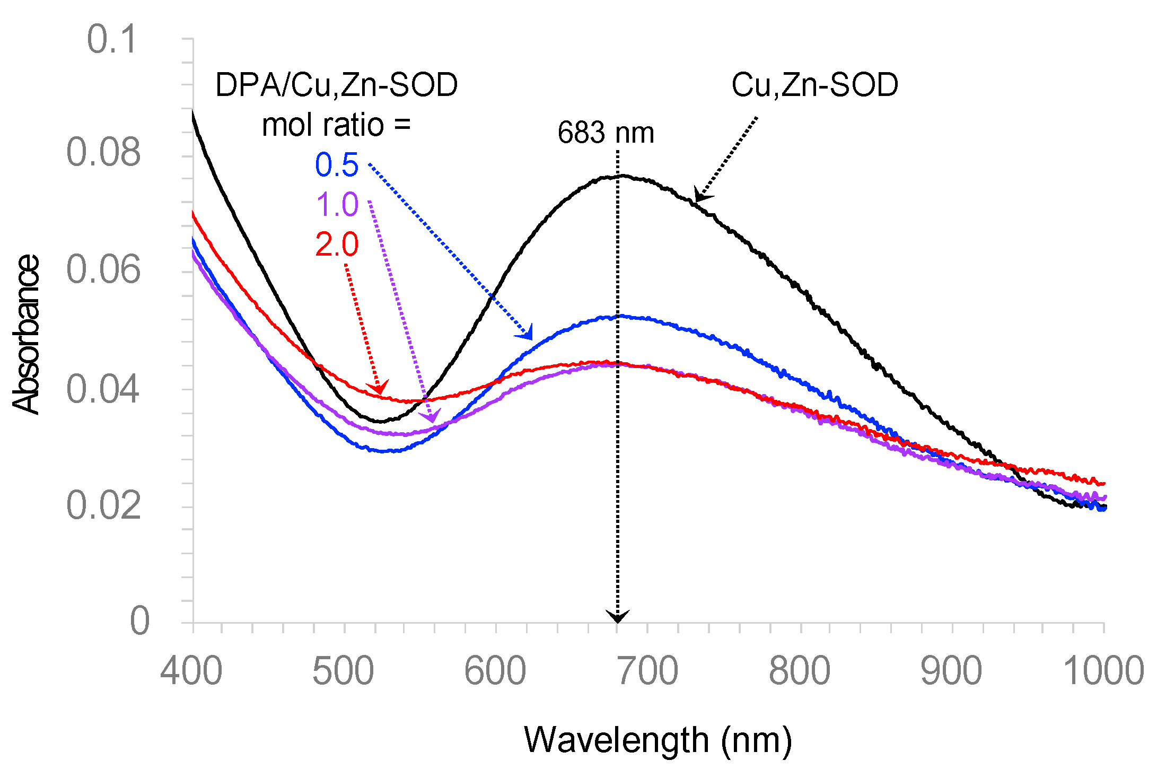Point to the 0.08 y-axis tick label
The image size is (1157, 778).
pos(104,153)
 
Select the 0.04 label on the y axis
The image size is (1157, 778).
pos(104,389)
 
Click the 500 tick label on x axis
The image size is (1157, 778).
pos(343,671)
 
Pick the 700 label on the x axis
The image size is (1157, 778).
pos(648,671)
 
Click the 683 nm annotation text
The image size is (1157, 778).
pos(606,133)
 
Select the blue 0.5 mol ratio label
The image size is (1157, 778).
pos(337,165)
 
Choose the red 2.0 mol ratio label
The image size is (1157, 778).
pos(337,245)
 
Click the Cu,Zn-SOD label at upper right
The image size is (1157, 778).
pos(814,85)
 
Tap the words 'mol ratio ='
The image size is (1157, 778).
pos(336,125)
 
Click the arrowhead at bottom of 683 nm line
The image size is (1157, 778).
pos(618,617)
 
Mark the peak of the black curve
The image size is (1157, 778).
pos(619,176)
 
